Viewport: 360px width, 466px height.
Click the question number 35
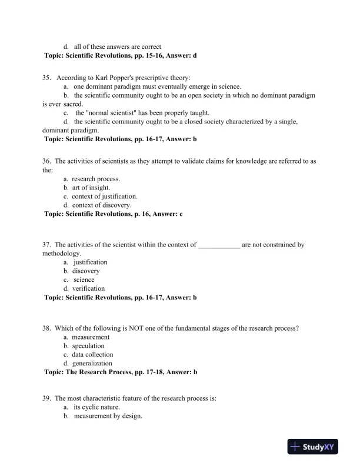point(46,78)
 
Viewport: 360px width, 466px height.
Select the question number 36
point(46,161)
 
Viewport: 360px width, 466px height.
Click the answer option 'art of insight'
point(91,188)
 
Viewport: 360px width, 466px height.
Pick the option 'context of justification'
point(105,197)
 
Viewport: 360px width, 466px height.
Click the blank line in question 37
point(219,245)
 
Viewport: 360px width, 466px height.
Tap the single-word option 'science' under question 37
point(84,280)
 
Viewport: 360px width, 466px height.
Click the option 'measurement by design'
point(108,416)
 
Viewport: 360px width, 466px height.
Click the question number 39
point(46,398)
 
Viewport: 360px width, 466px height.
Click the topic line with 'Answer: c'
point(113,214)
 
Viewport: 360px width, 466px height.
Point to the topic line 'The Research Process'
point(121,372)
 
